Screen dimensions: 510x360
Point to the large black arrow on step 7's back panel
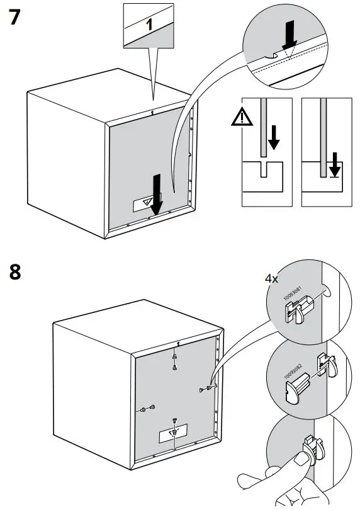(156, 191)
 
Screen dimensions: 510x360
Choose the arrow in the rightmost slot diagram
(334, 165)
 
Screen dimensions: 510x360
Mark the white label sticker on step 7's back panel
(145, 203)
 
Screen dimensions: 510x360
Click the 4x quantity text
(271, 278)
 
